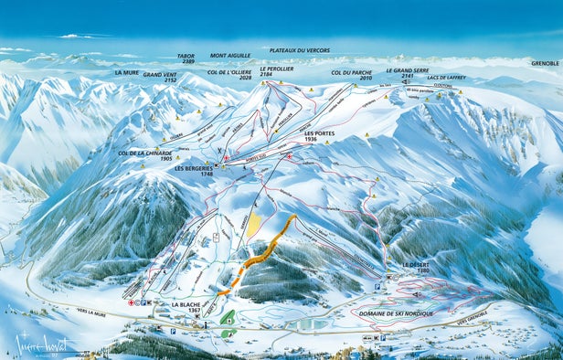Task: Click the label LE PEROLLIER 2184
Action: [276, 72]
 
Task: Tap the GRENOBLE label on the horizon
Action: [545, 63]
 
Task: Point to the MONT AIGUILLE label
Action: [230, 56]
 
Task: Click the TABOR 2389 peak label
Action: [186, 59]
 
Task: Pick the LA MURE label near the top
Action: [127, 71]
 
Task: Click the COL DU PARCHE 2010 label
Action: [352, 75]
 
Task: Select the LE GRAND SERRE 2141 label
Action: [407, 73]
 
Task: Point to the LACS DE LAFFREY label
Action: [445, 78]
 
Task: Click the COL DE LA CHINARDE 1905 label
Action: [145, 155]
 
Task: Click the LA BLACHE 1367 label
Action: [186, 307]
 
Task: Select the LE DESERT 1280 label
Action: [416, 267]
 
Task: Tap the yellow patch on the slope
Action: [254, 225]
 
